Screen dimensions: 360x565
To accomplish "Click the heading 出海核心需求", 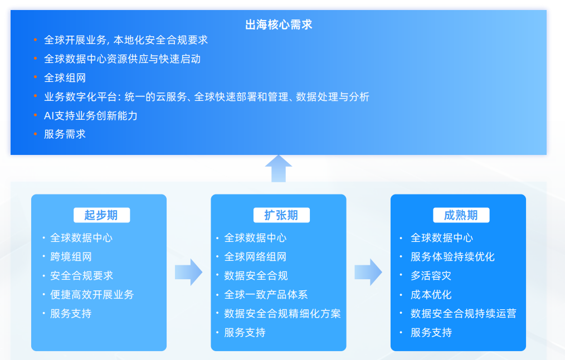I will [x=279, y=25].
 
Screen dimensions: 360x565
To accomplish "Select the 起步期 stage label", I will [x=101, y=215].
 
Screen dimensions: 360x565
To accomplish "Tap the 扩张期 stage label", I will [x=281, y=215].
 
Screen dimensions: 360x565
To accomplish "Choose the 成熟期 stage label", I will [x=461, y=215].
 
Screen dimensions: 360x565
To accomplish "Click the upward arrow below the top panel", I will [x=279, y=168].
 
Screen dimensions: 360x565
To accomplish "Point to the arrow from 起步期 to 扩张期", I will [x=188, y=272].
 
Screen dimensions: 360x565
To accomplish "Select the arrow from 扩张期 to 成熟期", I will [x=368, y=272].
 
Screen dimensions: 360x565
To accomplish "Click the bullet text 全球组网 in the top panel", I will [x=65, y=78].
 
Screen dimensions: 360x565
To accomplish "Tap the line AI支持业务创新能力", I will [x=90, y=116].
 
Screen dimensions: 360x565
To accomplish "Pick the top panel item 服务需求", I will [x=65, y=134].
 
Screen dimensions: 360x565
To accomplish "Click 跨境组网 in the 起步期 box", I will [x=71, y=257].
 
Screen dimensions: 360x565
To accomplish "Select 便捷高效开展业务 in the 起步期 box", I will [x=92, y=295].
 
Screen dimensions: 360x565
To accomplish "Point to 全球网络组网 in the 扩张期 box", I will [x=255, y=257].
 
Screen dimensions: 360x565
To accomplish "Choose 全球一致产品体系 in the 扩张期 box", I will [x=266, y=295].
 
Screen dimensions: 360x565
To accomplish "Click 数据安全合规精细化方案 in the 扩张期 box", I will [x=282, y=314].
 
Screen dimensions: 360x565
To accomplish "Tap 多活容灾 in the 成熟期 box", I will [x=431, y=276].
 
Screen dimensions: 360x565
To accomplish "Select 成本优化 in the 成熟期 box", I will [x=431, y=295].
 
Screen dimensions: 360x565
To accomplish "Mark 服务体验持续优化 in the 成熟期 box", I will [x=452, y=257].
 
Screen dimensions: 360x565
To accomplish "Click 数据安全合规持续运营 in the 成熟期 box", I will [x=463, y=314].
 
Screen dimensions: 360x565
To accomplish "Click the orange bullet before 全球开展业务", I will [x=35, y=40].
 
